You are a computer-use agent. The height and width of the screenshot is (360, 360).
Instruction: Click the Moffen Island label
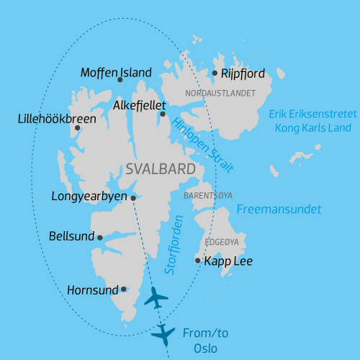[x=116, y=72]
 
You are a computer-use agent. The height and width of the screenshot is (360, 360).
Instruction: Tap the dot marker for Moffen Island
[x=120, y=80]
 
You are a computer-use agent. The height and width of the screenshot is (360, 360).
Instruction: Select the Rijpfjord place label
[x=243, y=73]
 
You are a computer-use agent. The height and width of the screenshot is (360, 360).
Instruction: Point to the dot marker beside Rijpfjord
[x=215, y=73]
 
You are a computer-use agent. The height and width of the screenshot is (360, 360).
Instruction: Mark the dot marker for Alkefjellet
[x=163, y=114]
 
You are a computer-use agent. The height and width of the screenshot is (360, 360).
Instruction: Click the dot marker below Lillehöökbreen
[x=77, y=128]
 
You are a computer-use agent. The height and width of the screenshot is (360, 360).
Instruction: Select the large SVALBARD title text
[x=160, y=170]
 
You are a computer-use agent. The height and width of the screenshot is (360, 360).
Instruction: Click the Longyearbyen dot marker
[x=133, y=197]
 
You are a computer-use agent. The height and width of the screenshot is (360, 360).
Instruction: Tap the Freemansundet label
[x=279, y=210]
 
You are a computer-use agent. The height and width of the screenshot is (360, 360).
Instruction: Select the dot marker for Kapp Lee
[x=198, y=261]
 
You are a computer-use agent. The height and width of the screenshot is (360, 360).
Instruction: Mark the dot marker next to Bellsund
[x=100, y=238]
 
